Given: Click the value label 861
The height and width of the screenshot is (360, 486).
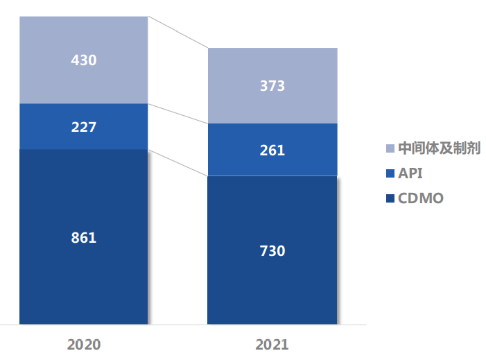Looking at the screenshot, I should tap(83, 238).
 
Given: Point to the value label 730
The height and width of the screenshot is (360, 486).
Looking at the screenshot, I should tap(272, 251).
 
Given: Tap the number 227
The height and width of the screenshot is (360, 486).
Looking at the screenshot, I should tap(83, 127).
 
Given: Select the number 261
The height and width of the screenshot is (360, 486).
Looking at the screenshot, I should tap(272, 150).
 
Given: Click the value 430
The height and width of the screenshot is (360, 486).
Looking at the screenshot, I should tap(83, 60).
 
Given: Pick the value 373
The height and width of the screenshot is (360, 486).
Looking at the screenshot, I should tap(272, 86).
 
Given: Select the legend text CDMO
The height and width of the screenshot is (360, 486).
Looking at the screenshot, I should tap(420, 199).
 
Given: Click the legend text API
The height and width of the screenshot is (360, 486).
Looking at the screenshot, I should tap(410, 173).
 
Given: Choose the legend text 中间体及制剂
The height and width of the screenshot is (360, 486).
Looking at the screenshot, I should tap(439, 148).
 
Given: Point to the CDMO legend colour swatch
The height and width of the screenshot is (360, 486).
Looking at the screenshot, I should tap(390, 199).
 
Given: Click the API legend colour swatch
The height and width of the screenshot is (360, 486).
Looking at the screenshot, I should tap(390, 173).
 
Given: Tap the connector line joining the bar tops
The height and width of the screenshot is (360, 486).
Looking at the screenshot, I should tap(178, 32).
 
